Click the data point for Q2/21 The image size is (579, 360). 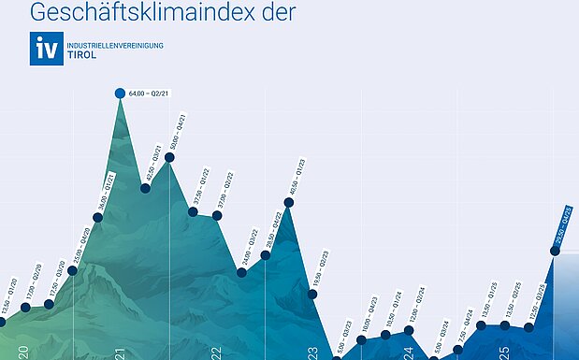pos(120,93)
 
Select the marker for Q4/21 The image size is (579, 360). pos(169,157)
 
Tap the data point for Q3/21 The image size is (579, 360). pos(145,188)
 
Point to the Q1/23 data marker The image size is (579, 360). pos(289,202)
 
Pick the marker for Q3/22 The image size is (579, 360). pos(241,272)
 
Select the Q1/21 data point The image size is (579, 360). pos(97,218)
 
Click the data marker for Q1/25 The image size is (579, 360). pos(481,325)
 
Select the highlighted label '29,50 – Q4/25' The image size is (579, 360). pos(563,227)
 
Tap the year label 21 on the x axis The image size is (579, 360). pos(120,353)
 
